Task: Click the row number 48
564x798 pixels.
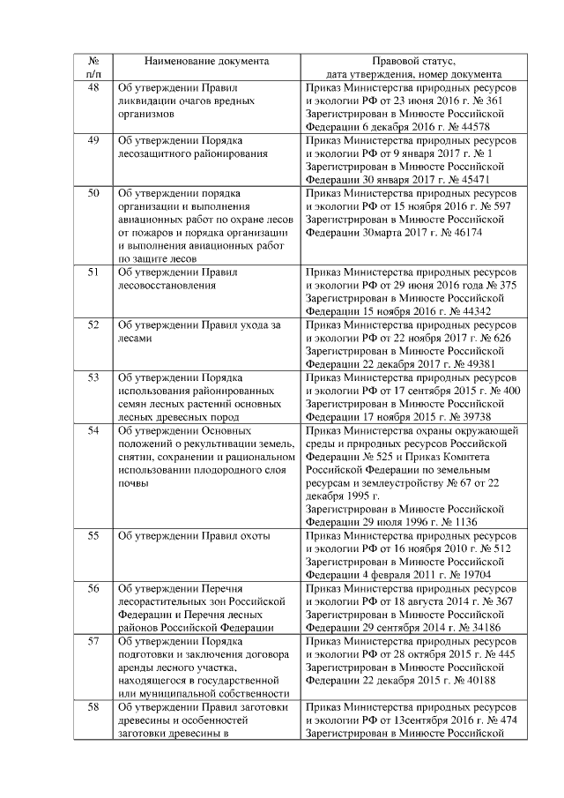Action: (x=94, y=88)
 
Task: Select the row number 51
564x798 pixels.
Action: (x=94, y=272)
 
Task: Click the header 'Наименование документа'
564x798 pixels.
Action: (x=207, y=63)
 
